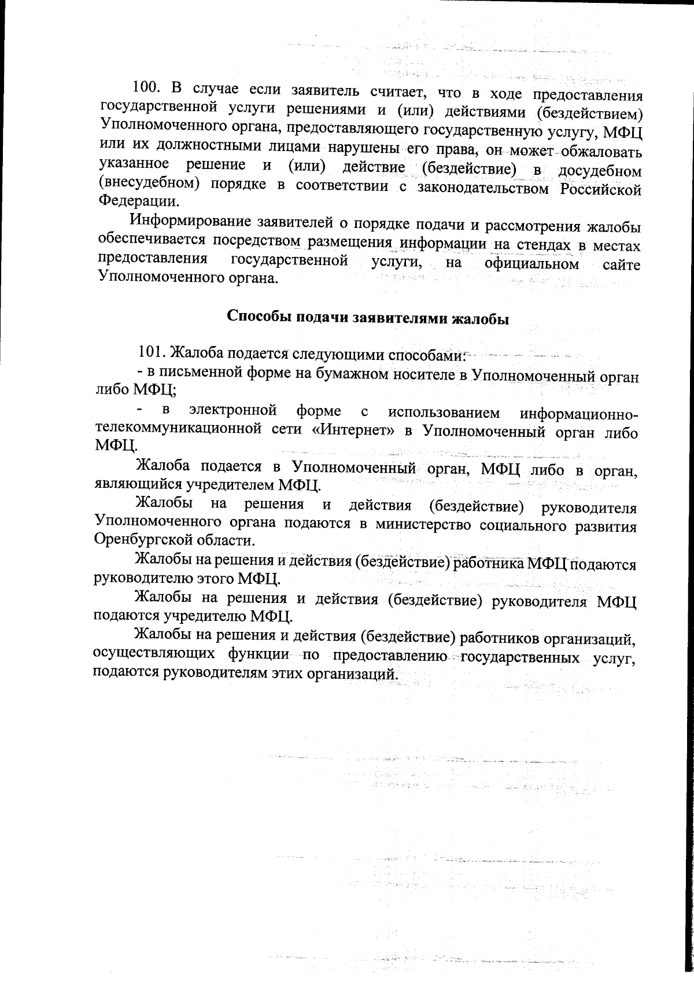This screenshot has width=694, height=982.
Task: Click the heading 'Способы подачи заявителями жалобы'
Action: click(367, 318)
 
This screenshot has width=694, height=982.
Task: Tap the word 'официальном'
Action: click(531, 264)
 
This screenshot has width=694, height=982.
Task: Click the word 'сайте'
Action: click(621, 265)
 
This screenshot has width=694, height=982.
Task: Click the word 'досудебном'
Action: click(599, 171)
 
